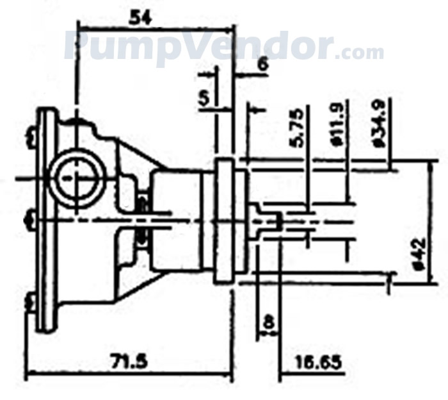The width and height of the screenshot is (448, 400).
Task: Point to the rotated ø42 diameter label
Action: pyautogui.click(x=417, y=254)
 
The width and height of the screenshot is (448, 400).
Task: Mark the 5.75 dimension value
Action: pyautogui.click(x=301, y=131)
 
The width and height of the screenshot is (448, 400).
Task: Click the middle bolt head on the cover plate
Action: pyautogui.click(x=29, y=221)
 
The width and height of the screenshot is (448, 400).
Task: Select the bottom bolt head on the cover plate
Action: pyautogui.click(x=29, y=301)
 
